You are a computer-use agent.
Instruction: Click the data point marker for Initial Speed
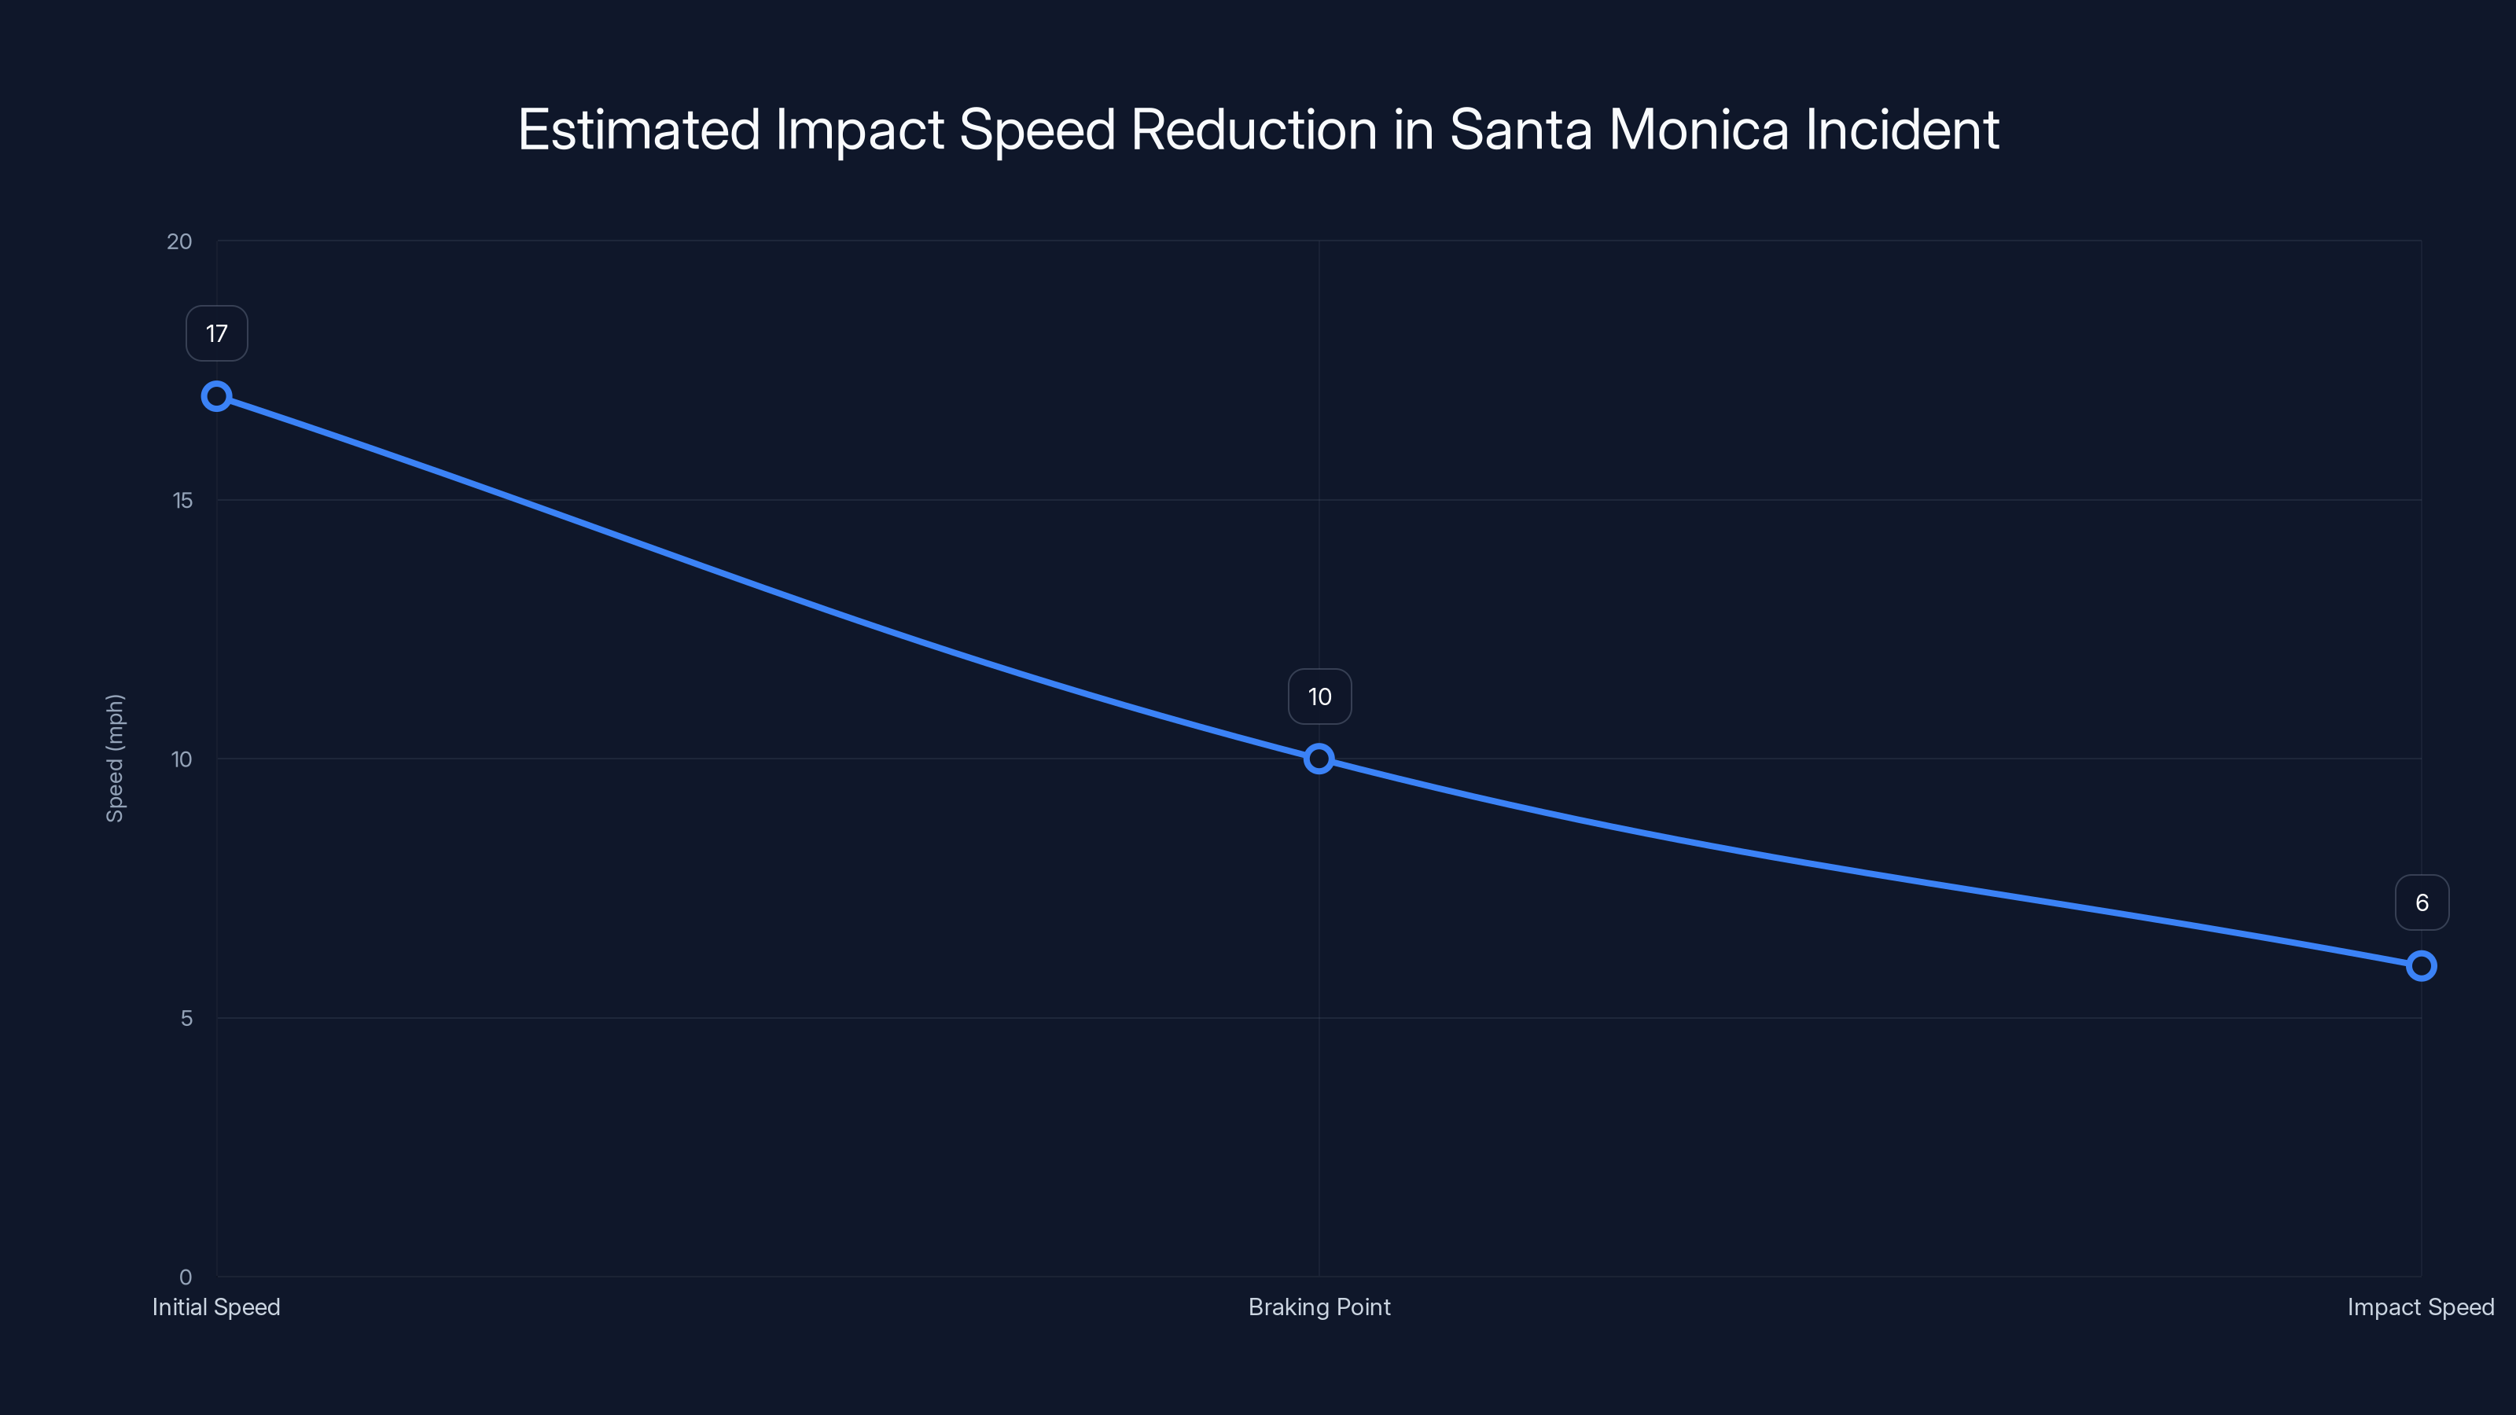(217, 396)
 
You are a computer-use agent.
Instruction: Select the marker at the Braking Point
(1319, 759)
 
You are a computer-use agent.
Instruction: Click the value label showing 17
(217, 334)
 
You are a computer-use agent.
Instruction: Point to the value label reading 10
(1319, 696)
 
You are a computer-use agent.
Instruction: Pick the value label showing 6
(2422, 902)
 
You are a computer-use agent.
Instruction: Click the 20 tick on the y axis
(180, 241)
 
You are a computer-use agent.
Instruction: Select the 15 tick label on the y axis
(182, 500)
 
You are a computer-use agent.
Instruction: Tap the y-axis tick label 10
(182, 759)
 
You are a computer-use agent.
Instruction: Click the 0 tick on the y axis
(186, 1277)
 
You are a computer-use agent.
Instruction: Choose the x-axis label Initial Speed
(216, 1307)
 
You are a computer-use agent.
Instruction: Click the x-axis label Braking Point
(1319, 1307)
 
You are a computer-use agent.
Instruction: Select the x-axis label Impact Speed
(2420, 1307)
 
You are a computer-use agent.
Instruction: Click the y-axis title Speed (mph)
(116, 759)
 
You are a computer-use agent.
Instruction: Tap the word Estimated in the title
(638, 130)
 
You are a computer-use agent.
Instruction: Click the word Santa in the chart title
(1521, 130)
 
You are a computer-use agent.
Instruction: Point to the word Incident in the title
(1902, 130)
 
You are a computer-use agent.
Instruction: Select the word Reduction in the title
(1253, 130)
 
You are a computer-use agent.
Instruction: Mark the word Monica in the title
(1698, 130)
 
